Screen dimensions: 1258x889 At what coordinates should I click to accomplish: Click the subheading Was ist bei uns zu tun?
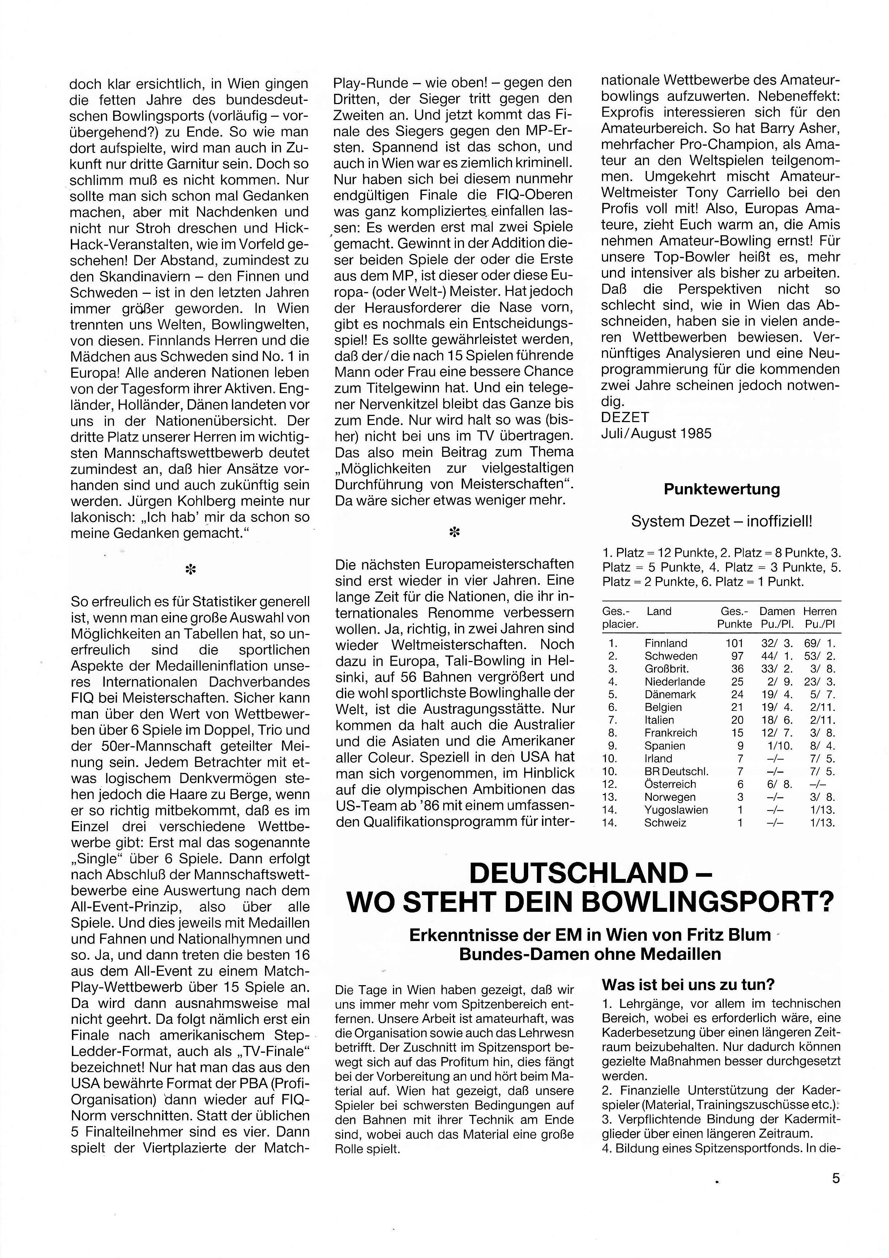click(688, 984)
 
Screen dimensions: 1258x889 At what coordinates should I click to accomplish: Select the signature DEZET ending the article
click(625, 417)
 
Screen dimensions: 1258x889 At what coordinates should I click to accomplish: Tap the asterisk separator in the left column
click(190, 570)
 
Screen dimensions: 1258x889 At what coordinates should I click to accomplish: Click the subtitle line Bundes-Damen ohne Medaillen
click(590, 954)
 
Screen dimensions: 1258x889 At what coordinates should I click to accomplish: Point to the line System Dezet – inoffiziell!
click(721, 521)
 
